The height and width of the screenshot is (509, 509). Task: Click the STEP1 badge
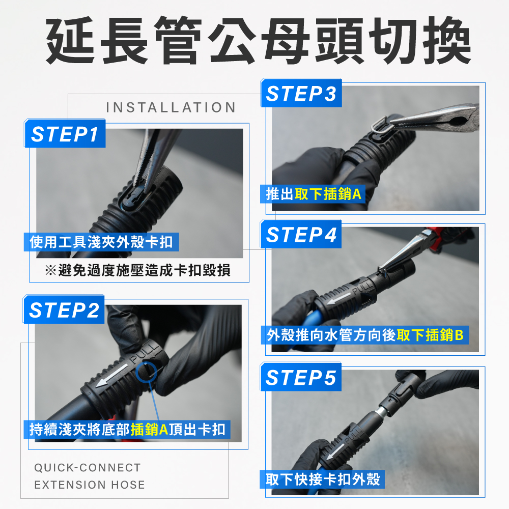(x=65, y=133)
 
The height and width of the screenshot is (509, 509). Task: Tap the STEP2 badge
(x=64, y=309)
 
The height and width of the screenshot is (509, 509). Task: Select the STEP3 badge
(x=301, y=93)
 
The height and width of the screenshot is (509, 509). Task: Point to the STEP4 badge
(x=301, y=234)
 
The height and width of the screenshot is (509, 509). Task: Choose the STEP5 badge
(x=301, y=377)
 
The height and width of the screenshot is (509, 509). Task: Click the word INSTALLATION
(x=171, y=107)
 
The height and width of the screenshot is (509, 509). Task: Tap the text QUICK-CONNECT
(x=88, y=467)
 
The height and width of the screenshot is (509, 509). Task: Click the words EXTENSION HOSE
(x=90, y=485)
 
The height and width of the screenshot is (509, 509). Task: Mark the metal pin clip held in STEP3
(x=380, y=125)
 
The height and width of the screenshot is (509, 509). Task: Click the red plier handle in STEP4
(x=435, y=238)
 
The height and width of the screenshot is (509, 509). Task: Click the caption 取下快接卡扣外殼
(x=323, y=479)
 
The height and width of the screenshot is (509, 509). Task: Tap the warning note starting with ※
(x=137, y=270)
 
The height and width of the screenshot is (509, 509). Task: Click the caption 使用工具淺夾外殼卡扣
(x=101, y=242)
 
